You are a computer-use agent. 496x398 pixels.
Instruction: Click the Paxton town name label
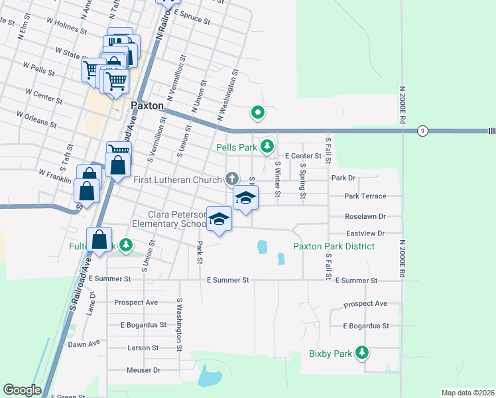[x=147, y=105]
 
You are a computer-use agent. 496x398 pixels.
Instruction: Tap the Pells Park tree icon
[x=267, y=145]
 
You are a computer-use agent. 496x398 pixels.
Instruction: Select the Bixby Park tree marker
[x=362, y=352]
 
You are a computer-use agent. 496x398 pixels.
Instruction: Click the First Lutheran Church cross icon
[x=231, y=178]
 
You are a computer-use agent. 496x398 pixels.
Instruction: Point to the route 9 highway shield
[x=422, y=131]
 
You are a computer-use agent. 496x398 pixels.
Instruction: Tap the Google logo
[x=22, y=390]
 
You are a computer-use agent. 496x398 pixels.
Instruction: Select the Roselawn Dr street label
[x=365, y=216]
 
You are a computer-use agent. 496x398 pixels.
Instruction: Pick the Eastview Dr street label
[x=365, y=233]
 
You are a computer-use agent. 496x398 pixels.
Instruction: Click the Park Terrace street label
[x=364, y=196]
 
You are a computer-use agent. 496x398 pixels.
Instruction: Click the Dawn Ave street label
[x=84, y=344]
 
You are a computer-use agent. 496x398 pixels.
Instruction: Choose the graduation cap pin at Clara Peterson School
[x=219, y=219]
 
